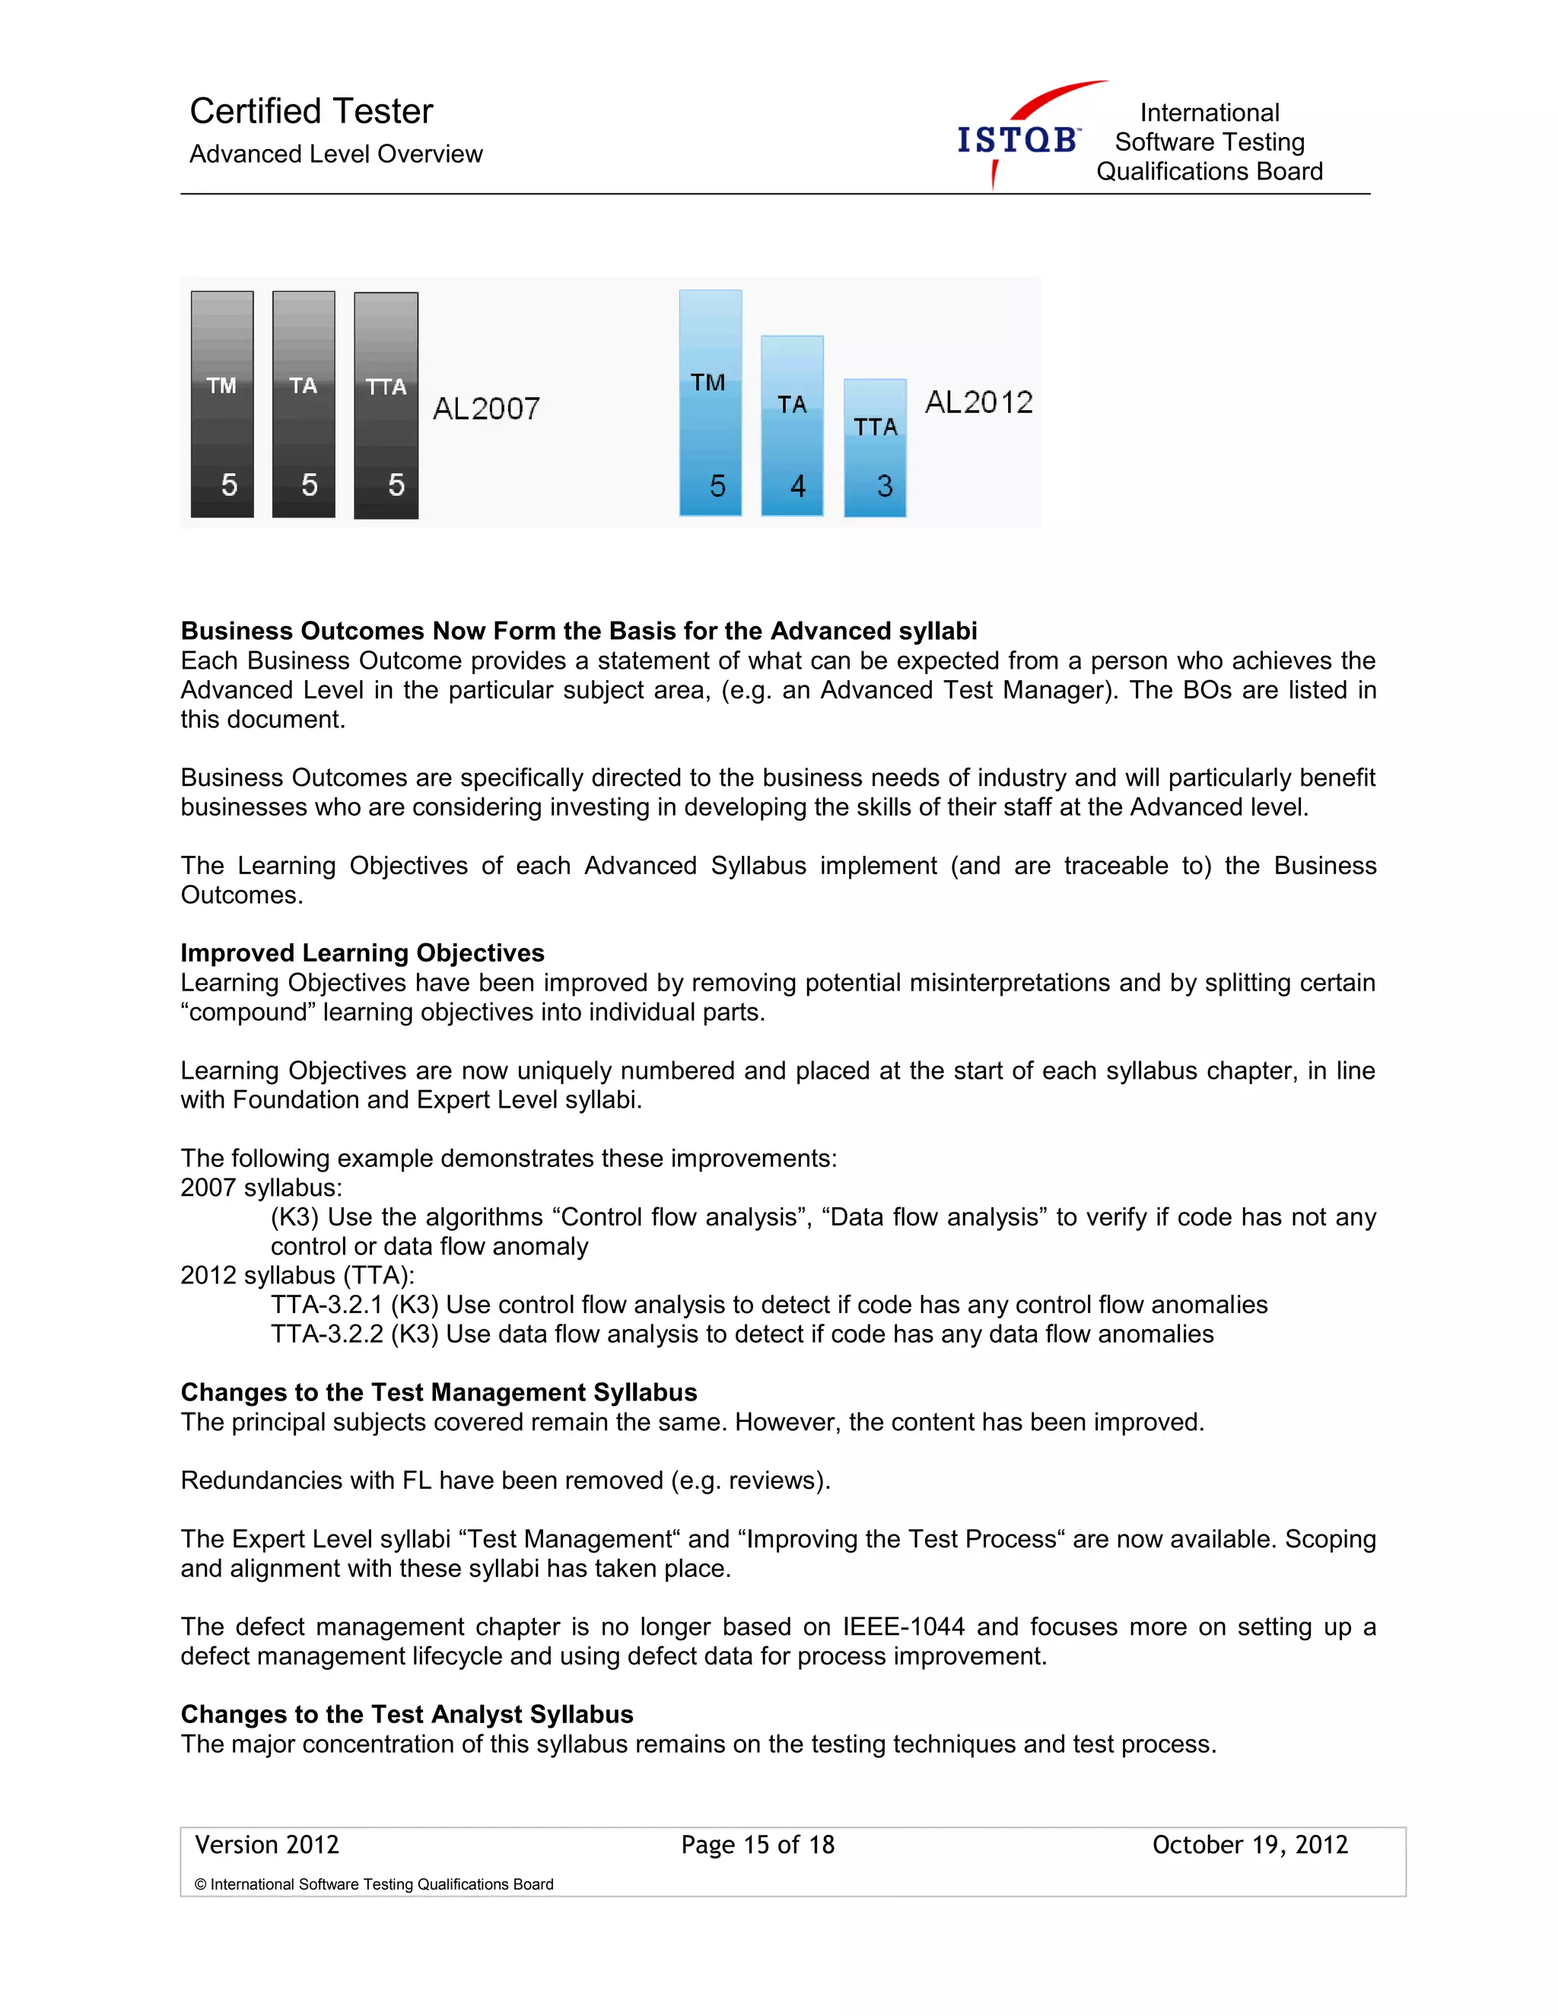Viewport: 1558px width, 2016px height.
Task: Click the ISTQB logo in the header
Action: pyautogui.click(x=1020, y=138)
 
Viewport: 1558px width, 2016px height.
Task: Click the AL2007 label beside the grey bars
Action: pyautogui.click(x=486, y=408)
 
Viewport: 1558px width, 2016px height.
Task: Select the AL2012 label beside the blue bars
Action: pyautogui.click(x=978, y=402)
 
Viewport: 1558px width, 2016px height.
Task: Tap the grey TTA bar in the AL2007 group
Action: pyautogui.click(x=386, y=405)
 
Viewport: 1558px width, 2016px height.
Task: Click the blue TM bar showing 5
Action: pyautogui.click(x=710, y=403)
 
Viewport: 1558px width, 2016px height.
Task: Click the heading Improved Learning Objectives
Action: pyautogui.click(x=362, y=952)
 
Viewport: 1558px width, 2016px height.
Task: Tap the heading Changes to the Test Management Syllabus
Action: pyautogui.click(x=438, y=1392)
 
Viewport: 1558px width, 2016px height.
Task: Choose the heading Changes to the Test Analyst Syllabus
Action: pyautogui.click(x=407, y=1714)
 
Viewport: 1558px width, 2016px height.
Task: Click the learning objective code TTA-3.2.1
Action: pyautogui.click(x=326, y=1304)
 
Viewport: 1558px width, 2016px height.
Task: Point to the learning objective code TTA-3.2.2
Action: pyautogui.click(x=326, y=1334)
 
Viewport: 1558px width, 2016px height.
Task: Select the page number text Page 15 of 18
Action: pyautogui.click(x=758, y=1844)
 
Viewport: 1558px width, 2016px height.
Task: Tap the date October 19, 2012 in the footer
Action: pyautogui.click(x=1250, y=1844)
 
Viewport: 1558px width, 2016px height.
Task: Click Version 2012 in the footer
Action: pyautogui.click(x=267, y=1844)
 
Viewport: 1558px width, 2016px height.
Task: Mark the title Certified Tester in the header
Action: pyautogui.click(x=311, y=111)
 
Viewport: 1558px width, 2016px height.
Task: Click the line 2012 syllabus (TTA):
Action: pyautogui.click(x=297, y=1275)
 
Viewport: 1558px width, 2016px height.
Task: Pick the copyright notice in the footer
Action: pyautogui.click(x=374, y=1884)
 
